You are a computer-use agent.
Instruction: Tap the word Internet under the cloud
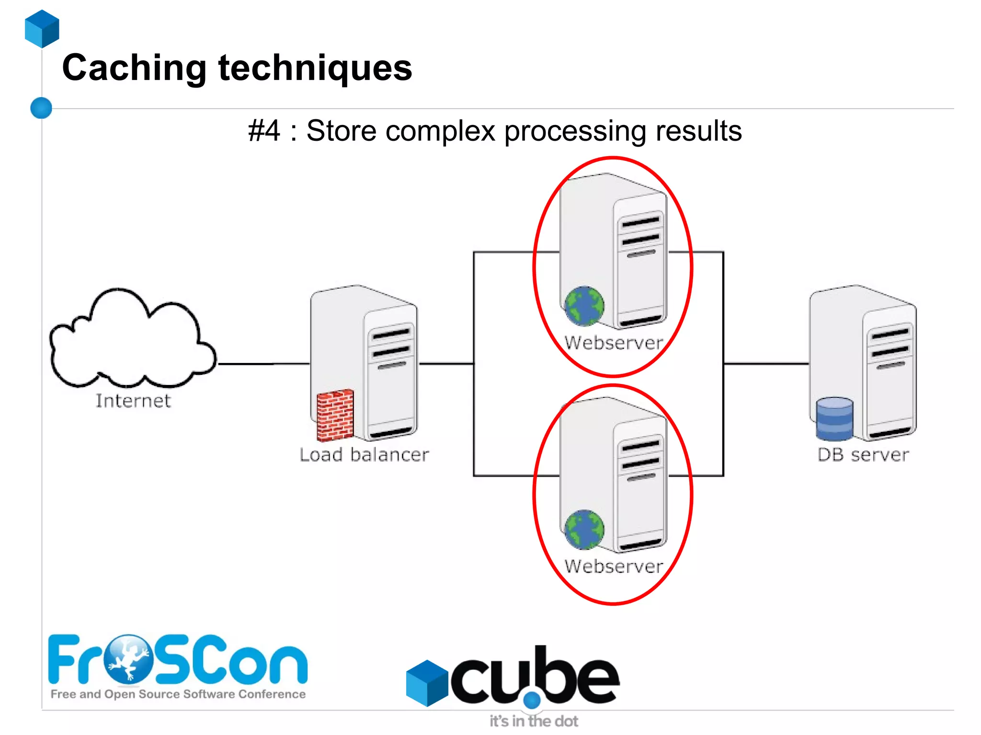pyautogui.click(x=133, y=401)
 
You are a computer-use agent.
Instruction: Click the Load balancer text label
pyautogui.click(x=364, y=455)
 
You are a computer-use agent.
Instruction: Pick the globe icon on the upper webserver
pyautogui.click(x=584, y=305)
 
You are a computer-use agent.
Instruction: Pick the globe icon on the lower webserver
pyautogui.click(x=584, y=529)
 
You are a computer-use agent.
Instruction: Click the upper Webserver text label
pyautogui.click(x=614, y=343)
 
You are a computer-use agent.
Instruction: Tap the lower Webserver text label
pyautogui.click(x=614, y=566)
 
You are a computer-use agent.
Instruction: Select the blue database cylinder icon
pyautogui.click(x=834, y=419)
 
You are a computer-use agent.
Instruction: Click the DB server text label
pyautogui.click(x=863, y=455)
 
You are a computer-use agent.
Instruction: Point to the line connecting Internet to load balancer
pyautogui.click(x=263, y=364)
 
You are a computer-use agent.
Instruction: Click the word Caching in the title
pyautogui.click(x=134, y=68)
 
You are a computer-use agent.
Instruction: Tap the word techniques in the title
pyautogui.click(x=315, y=68)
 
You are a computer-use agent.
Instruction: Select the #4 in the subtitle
pyautogui.click(x=264, y=131)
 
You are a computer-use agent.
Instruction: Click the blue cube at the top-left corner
pyautogui.click(x=42, y=29)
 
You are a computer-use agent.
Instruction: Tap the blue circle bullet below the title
pyautogui.click(x=41, y=108)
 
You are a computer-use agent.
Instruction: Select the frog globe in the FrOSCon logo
pyautogui.click(x=128, y=659)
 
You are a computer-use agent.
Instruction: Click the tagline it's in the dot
pyautogui.click(x=534, y=721)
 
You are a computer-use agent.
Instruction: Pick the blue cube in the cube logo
pyautogui.click(x=427, y=683)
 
